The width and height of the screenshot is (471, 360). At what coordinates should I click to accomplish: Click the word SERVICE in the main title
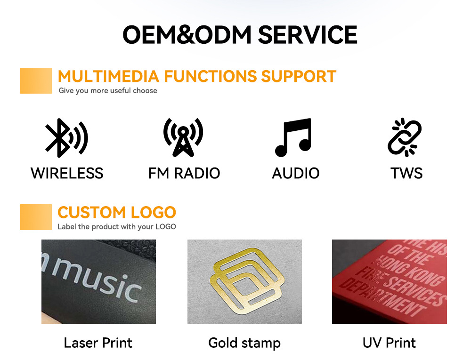tap(308, 35)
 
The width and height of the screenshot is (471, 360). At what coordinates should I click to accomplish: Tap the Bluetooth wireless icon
tap(66, 138)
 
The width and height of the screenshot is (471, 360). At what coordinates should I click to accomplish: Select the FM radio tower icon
tap(183, 137)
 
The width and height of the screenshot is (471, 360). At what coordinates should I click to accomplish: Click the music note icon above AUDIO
tap(293, 138)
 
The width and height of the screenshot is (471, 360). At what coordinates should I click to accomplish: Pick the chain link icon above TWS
tap(405, 137)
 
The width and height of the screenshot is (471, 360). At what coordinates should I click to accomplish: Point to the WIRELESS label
tap(67, 173)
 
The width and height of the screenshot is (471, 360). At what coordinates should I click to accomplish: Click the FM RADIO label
tap(184, 173)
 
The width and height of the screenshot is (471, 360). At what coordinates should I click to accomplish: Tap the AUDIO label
tap(296, 173)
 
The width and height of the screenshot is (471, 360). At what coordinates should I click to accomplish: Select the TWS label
tap(406, 173)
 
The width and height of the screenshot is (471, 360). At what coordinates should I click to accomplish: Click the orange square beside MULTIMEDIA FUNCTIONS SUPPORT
tap(36, 80)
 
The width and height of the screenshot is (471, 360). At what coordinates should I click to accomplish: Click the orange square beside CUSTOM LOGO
tap(36, 217)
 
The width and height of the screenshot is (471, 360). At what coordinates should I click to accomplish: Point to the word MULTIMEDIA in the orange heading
tap(108, 76)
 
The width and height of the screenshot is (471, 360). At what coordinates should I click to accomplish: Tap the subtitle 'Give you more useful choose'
tap(108, 91)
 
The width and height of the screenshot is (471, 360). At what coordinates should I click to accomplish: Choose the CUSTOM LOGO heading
tap(116, 212)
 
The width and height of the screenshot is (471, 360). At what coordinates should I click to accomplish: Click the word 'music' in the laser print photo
tap(97, 280)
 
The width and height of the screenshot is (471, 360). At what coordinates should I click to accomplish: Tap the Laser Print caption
tap(98, 343)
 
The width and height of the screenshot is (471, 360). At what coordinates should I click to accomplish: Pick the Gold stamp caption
tap(244, 343)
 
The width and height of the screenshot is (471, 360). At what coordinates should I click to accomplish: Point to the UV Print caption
tap(390, 343)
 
